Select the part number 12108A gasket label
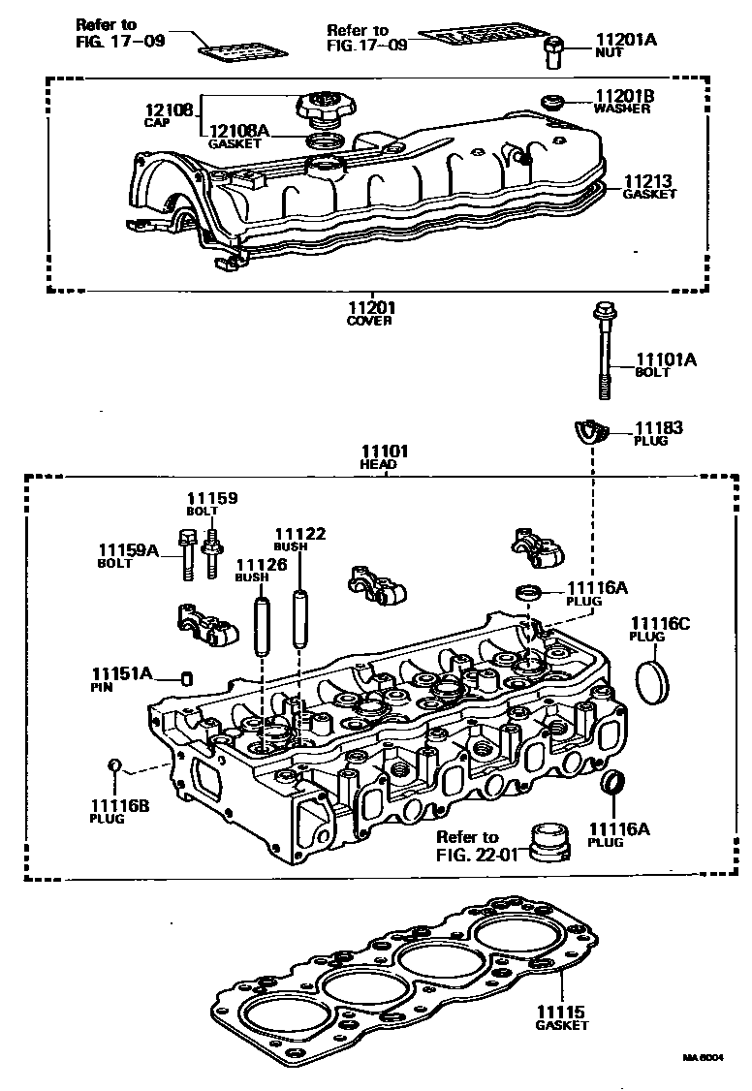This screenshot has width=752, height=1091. click(x=235, y=130)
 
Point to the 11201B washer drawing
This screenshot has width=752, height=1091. click(x=553, y=100)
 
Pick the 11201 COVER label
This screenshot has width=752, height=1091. click(x=371, y=309)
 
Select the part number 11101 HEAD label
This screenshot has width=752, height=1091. click(x=385, y=452)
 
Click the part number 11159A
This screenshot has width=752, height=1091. click(x=128, y=549)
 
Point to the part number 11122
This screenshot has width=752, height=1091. click(x=299, y=534)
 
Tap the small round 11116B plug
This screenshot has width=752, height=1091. click(x=113, y=765)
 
